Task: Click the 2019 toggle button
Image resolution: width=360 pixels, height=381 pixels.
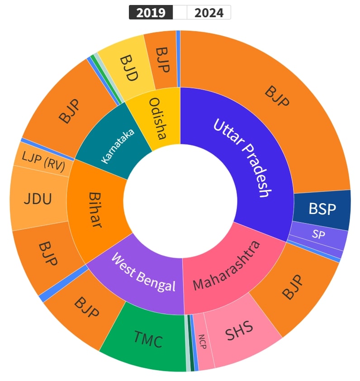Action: click(151, 13)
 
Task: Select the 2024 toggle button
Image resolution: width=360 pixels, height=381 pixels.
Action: click(208, 13)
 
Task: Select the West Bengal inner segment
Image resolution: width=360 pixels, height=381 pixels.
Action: click(142, 274)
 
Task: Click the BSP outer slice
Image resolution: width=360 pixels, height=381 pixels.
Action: click(322, 209)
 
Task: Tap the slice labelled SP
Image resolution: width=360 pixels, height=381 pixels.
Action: click(318, 235)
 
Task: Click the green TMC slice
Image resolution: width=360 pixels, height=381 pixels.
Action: click(148, 339)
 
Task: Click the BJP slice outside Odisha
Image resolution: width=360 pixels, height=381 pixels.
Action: click(161, 59)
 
